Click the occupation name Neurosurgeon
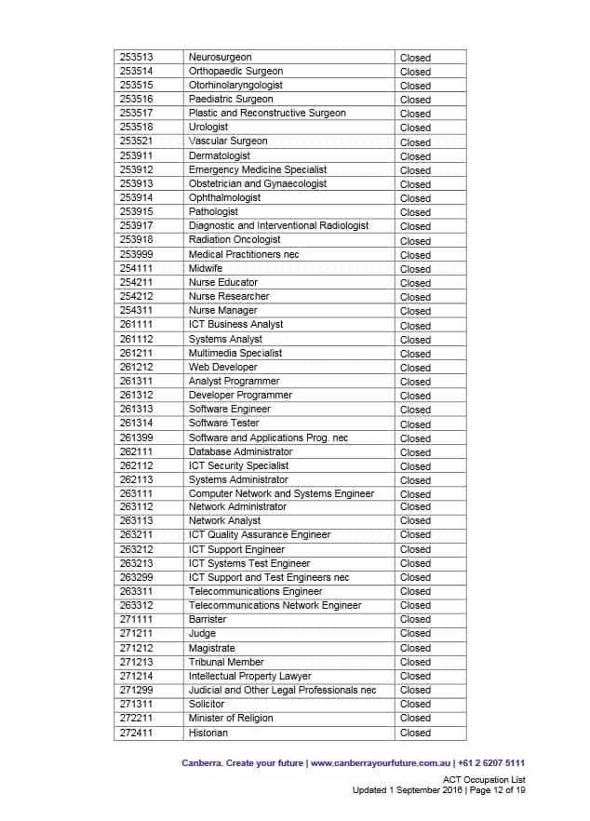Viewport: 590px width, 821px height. click(220, 58)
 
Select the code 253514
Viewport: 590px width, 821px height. click(137, 72)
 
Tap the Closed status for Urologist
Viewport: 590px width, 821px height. click(415, 128)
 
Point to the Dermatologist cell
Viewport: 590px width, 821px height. click(220, 156)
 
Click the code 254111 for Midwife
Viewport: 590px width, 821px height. click(137, 268)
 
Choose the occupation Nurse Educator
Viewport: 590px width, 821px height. click(223, 282)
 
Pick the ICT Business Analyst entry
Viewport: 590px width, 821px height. click(235, 325)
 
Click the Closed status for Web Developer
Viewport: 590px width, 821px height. click(415, 368)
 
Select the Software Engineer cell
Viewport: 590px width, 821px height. click(230, 410)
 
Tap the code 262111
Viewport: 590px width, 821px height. click(137, 451)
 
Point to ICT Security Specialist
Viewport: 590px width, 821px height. click(238, 465)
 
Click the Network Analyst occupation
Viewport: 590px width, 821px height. click(224, 521)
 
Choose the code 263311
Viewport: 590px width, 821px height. click(137, 591)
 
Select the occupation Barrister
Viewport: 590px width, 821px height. click(208, 619)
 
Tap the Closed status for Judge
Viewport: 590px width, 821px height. click(415, 634)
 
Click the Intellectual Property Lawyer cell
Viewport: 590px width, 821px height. click(250, 676)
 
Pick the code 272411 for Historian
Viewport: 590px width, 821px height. click(137, 733)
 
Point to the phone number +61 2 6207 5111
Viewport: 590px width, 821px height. click(495, 762)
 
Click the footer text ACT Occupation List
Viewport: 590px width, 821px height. click(484, 779)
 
